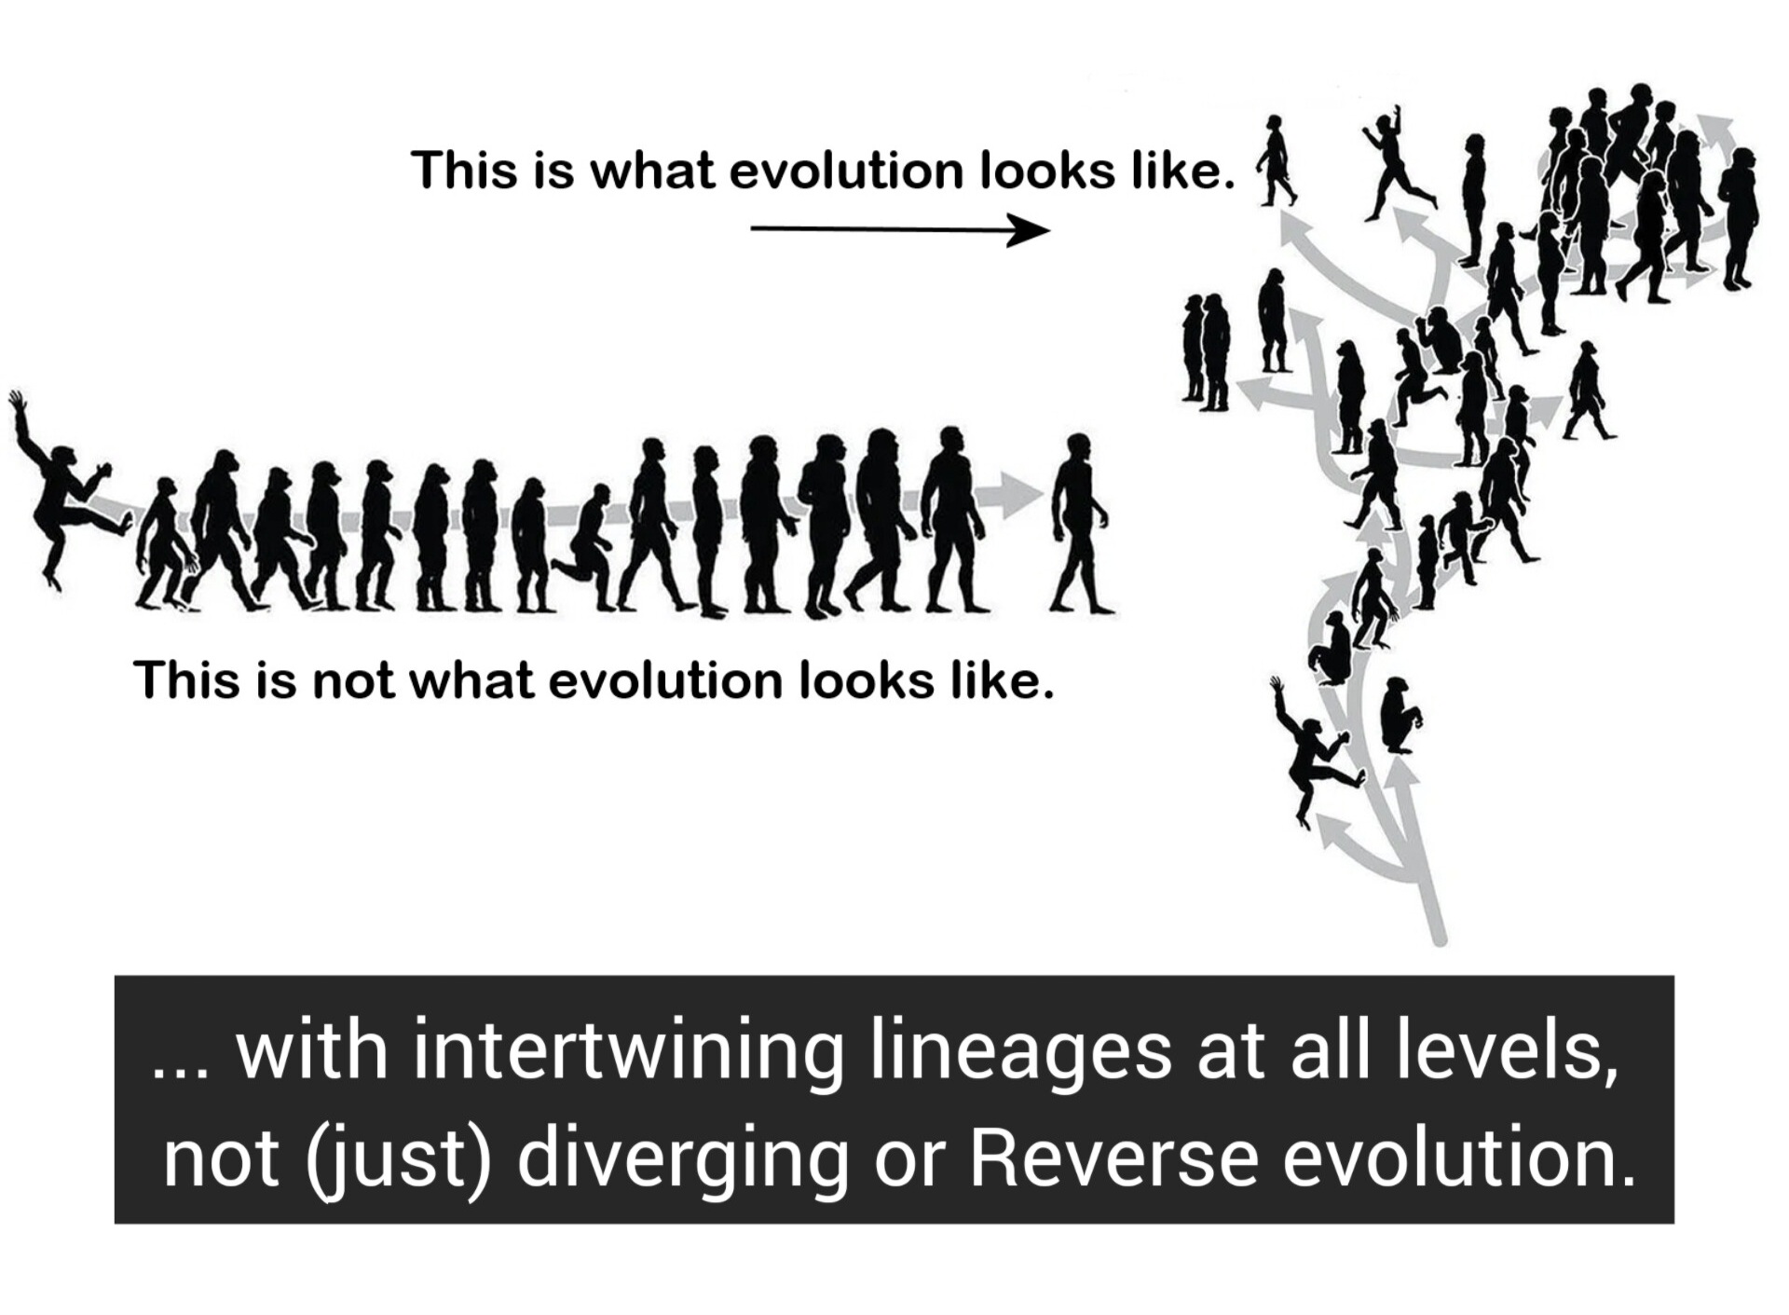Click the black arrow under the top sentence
[x=900, y=229]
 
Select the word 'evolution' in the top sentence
[x=846, y=171]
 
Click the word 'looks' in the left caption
[x=867, y=680]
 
